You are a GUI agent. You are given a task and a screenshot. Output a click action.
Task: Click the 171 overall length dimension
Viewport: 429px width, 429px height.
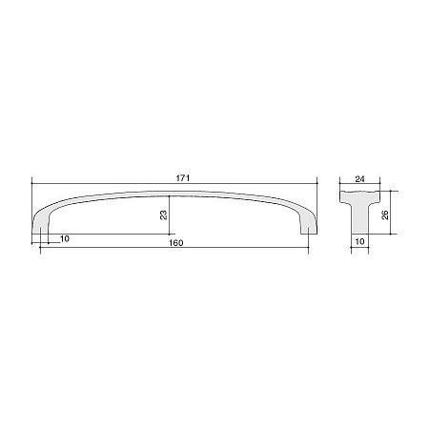click(183, 178)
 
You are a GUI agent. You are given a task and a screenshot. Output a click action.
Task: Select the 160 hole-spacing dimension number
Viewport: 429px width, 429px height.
click(175, 243)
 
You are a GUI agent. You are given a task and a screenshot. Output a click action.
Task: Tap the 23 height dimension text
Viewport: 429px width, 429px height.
click(164, 214)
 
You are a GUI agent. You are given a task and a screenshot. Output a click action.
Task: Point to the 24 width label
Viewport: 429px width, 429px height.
click(359, 179)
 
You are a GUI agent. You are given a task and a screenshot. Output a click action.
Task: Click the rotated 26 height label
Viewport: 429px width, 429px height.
click(385, 214)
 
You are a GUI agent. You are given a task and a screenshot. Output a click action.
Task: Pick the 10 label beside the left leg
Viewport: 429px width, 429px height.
click(65, 239)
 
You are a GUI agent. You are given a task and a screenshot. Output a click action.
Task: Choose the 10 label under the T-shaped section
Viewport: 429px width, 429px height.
click(359, 241)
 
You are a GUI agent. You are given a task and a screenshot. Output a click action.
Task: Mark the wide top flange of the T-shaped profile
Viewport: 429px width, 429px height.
click(359, 196)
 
